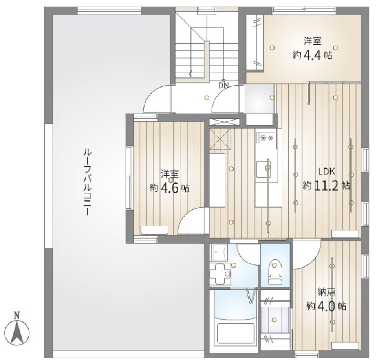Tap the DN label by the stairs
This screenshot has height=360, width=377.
(223, 85)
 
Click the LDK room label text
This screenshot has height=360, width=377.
(326, 171)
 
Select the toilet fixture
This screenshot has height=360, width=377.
(275, 272)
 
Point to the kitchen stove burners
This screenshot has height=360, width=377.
(266, 138)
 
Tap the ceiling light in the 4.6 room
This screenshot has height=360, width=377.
(170, 180)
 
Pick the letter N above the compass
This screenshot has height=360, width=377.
(16, 314)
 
